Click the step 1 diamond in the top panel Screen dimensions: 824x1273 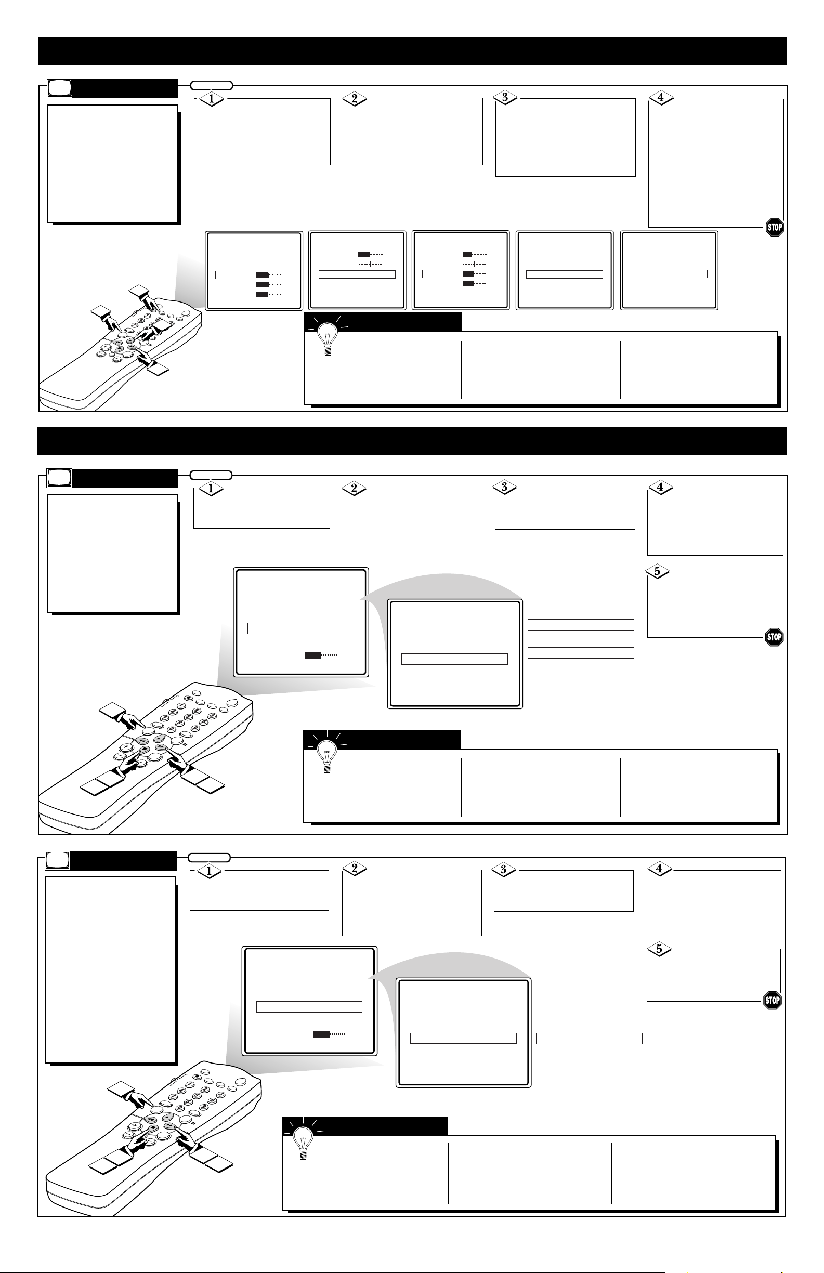click(212, 99)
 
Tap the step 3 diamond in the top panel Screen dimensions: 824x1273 click(505, 98)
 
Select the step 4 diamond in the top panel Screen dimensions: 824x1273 click(660, 98)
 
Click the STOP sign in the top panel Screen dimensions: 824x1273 click(774, 227)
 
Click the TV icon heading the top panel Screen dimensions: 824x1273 click(59, 88)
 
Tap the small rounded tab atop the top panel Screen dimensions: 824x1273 click(212, 85)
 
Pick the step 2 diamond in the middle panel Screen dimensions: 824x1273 click(354, 488)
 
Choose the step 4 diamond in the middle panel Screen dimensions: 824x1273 click(660, 487)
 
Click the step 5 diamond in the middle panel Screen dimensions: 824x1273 click(657, 571)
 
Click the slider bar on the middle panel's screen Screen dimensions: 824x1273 click(321, 654)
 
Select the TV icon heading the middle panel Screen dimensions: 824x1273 click(59, 478)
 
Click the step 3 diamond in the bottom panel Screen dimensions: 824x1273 click(503, 870)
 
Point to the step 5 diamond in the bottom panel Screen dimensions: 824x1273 click(659, 949)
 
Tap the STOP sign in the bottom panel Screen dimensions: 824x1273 click(772, 1000)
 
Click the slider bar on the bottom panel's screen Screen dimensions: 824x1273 click(329, 1034)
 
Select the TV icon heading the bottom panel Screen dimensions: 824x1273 click(57, 860)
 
